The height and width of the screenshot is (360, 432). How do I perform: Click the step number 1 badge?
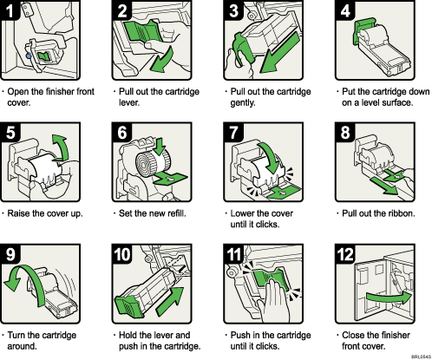coord(11,11)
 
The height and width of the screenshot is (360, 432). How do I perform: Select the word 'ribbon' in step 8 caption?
coord(398,209)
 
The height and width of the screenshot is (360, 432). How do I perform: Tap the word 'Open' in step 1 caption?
coord(22,89)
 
